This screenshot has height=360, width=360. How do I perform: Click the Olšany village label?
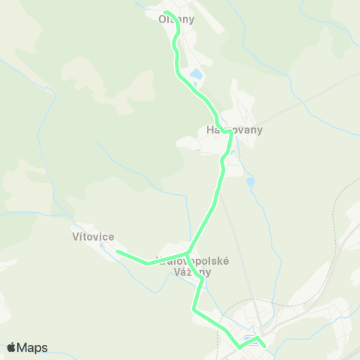pyautogui.click(x=177, y=20)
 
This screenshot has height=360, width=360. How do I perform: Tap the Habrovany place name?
pyautogui.click(x=229, y=130)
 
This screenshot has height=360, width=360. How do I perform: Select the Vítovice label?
pyautogui.click(x=94, y=237)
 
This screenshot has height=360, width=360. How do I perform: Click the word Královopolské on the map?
pyautogui.click(x=193, y=261)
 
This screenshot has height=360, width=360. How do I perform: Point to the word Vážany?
pyautogui.click(x=193, y=272)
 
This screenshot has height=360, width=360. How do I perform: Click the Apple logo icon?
pyautogui.click(x=11, y=347)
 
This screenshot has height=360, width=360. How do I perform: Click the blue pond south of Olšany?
pyautogui.click(x=195, y=75)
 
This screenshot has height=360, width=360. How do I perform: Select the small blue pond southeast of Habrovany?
pyautogui.click(x=250, y=181)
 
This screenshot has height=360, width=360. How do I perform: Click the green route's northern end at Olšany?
pyautogui.click(x=166, y=12)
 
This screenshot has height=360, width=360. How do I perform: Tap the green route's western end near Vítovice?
pyautogui.click(x=118, y=252)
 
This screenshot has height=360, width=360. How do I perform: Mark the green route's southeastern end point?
pyautogui.click(x=265, y=346)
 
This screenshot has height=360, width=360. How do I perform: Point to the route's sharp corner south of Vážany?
pyautogui.click(x=194, y=308)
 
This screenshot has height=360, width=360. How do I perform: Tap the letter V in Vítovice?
pyautogui.click(x=76, y=237)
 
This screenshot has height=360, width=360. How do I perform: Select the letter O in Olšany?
pyautogui.click(x=162, y=20)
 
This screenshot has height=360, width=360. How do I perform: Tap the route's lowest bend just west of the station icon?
pyautogui.click(x=239, y=347)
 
